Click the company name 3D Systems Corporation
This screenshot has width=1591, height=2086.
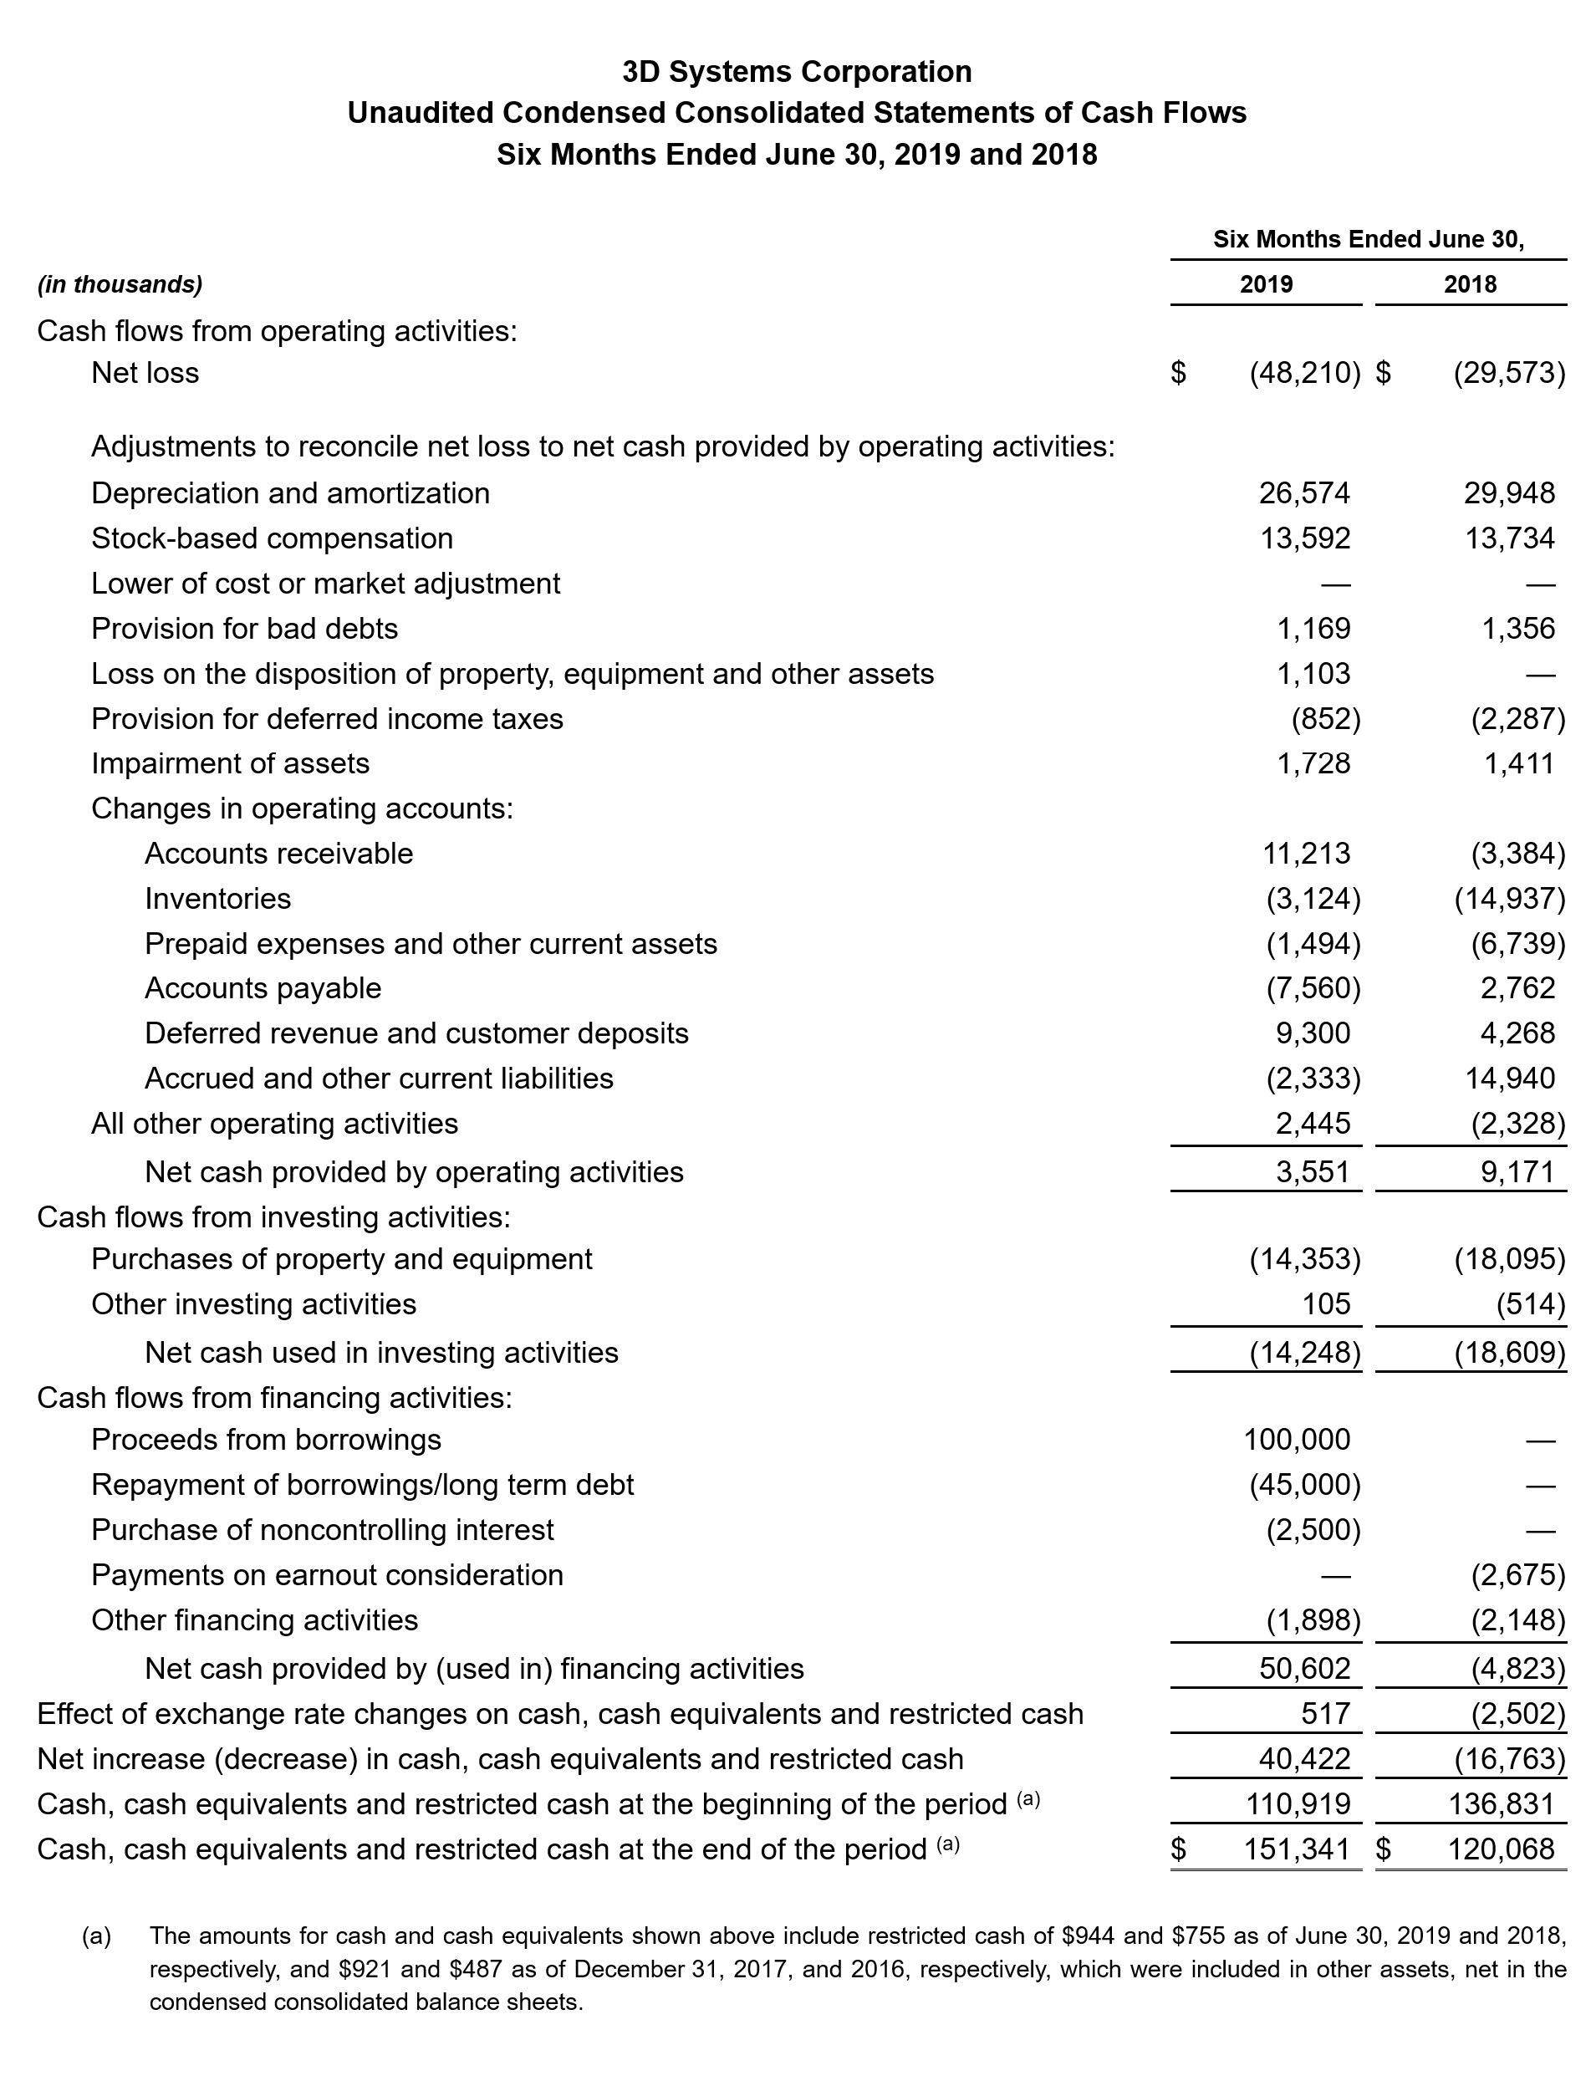797,71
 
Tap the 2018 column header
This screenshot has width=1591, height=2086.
1470,284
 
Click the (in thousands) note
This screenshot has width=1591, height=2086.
120,284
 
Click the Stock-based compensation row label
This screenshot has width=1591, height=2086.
272,538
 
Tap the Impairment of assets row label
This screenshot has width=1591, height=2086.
230,763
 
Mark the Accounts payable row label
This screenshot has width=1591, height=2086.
263,987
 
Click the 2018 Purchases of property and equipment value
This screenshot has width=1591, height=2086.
1510,1258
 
